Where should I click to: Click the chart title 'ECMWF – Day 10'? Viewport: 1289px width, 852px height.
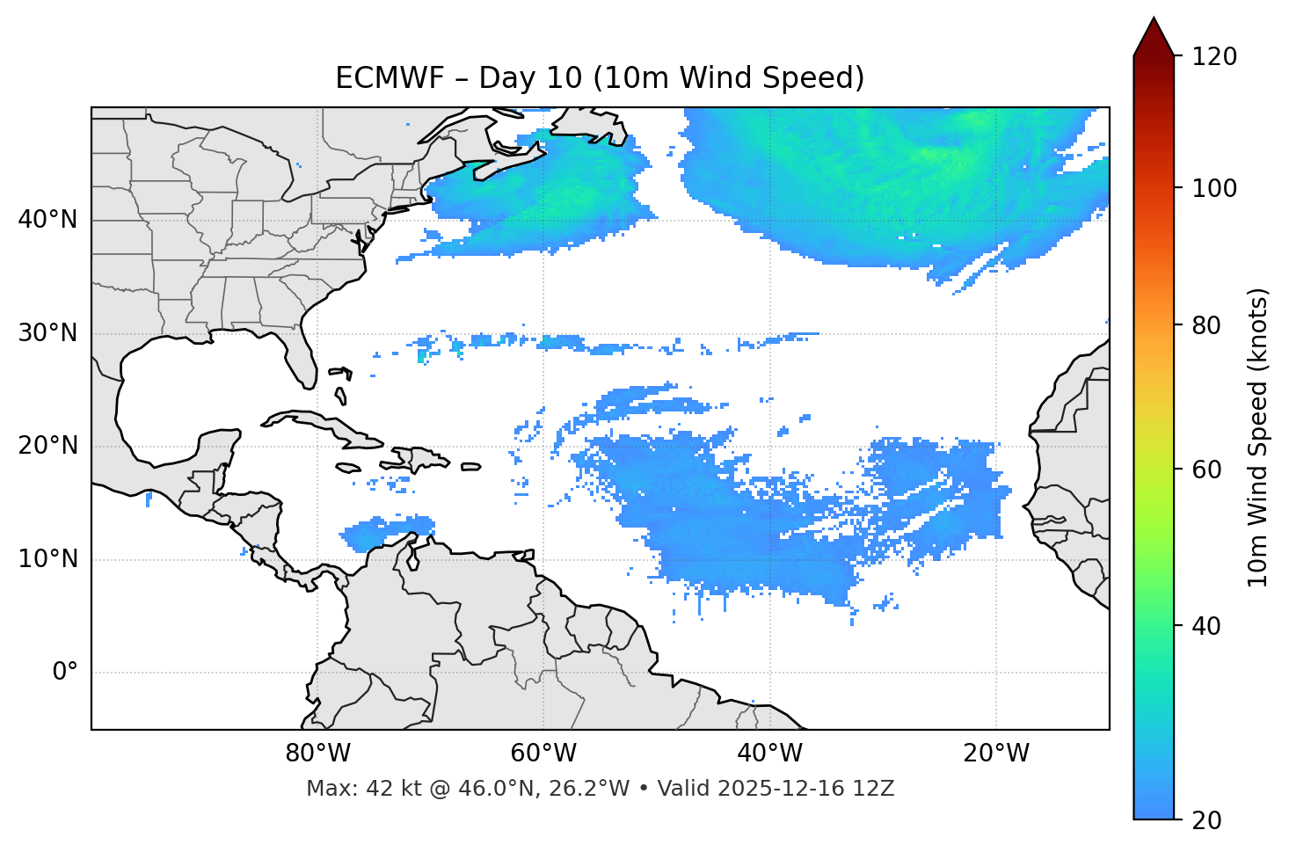[600, 78]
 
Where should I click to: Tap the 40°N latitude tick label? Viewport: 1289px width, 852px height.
[47, 220]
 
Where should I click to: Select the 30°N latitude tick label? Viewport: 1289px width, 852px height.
[47, 333]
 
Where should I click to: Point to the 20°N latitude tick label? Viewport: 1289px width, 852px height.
[47, 446]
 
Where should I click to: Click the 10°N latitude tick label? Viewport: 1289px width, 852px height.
[47, 559]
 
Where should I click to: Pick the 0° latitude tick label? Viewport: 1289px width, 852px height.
[65, 673]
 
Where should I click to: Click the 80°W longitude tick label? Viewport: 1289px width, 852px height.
[317, 754]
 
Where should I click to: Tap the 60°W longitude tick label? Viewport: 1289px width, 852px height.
[543, 754]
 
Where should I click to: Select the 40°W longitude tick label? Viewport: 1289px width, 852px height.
[769, 754]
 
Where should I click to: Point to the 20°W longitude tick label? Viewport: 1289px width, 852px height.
[996, 754]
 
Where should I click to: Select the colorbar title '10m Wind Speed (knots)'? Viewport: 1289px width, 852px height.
[1258, 437]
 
